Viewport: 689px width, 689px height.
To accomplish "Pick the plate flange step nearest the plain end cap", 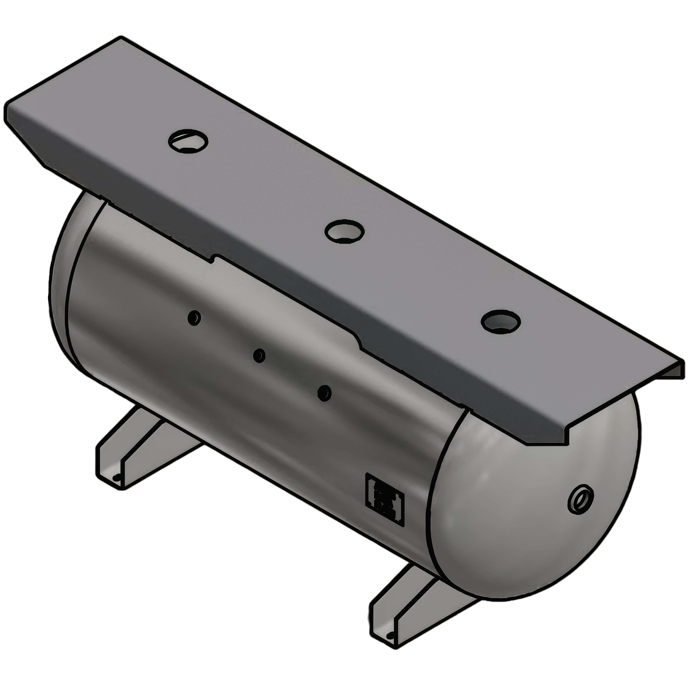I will tap(214, 258).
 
